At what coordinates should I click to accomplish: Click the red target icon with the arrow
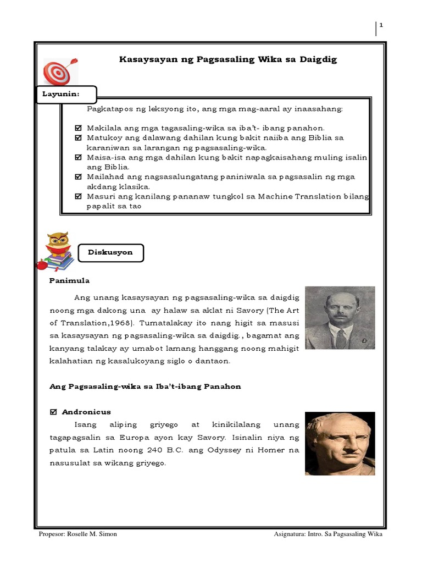[60, 71]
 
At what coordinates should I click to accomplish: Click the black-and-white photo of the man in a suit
[340, 317]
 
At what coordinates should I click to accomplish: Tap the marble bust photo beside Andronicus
[340, 443]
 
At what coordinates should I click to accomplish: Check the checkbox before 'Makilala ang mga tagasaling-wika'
[77, 128]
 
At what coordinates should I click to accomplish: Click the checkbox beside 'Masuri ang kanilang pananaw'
[77, 196]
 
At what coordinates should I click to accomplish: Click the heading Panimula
[69, 280]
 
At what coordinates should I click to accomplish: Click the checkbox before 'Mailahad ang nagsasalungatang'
[77, 176]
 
